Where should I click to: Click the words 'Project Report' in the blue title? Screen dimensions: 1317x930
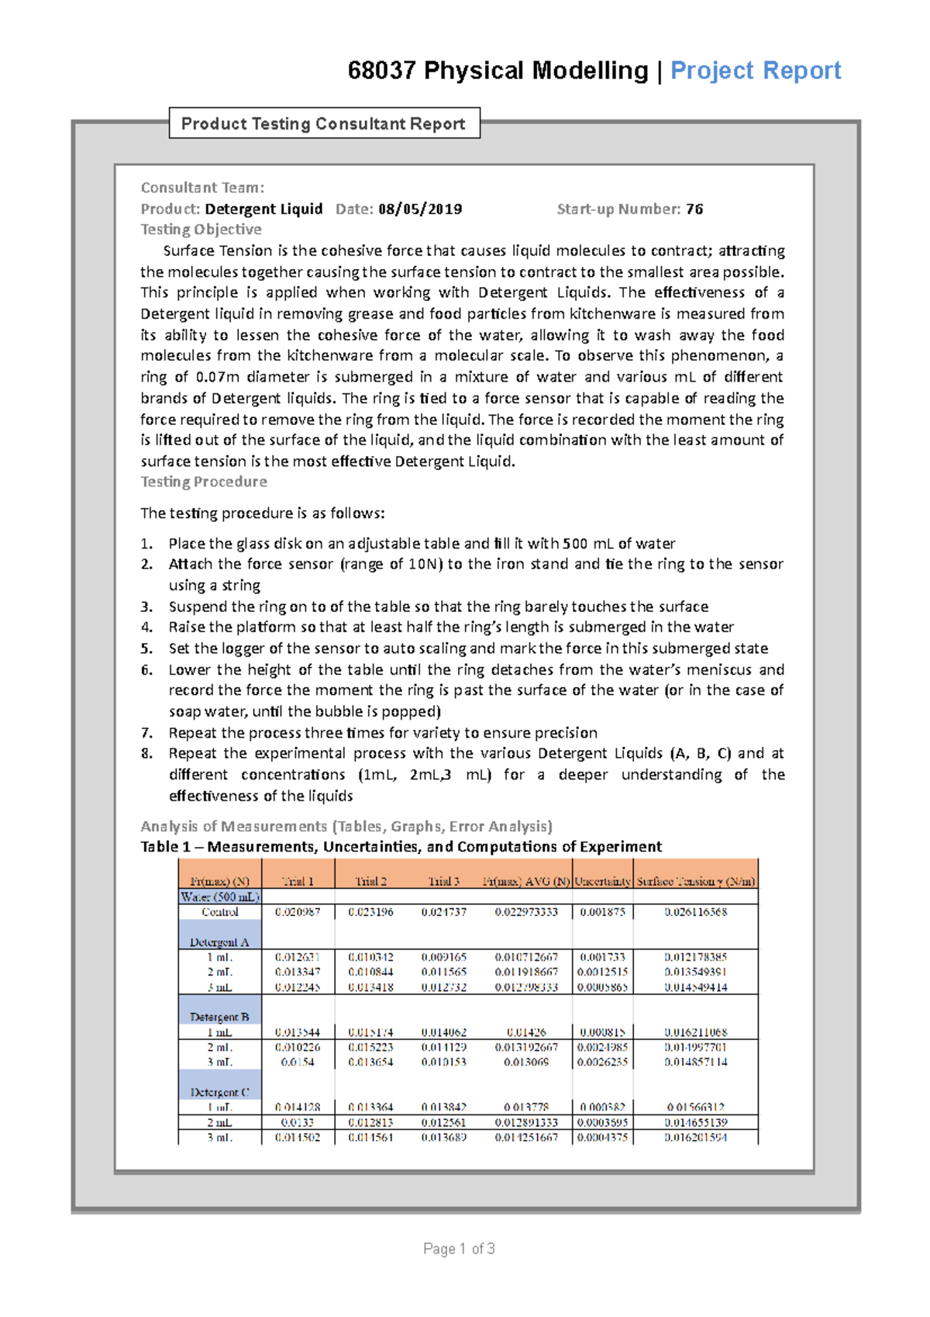click(755, 71)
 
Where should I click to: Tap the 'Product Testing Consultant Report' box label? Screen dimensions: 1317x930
click(323, 124)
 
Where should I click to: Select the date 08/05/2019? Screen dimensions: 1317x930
click(420, 209)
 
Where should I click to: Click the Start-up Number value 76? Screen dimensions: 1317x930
click(694, 209)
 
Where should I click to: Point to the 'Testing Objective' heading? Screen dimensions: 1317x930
click(201, 230)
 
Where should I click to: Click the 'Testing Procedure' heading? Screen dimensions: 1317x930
click(204, 482)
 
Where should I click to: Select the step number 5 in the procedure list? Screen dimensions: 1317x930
click(146, 648)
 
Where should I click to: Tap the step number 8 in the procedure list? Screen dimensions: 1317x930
click(146, 753)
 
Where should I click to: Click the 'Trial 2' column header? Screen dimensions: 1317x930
click(370, 881)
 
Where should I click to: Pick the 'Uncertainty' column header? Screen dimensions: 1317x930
click(603, 881)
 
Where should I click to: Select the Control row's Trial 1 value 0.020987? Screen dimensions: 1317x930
click(298, 912)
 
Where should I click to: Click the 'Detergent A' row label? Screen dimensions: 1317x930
click(219, 942)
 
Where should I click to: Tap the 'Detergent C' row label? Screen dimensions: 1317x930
click(219, 1092)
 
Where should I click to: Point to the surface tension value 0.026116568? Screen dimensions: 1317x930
click(695, 912)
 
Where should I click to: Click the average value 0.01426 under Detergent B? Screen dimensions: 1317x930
click(526, 1032)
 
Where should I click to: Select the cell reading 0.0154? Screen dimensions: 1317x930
click(298, 1062)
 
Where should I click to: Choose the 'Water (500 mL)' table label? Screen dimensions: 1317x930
click(219, 897)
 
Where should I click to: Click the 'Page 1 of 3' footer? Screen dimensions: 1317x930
click(459, 1249)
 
